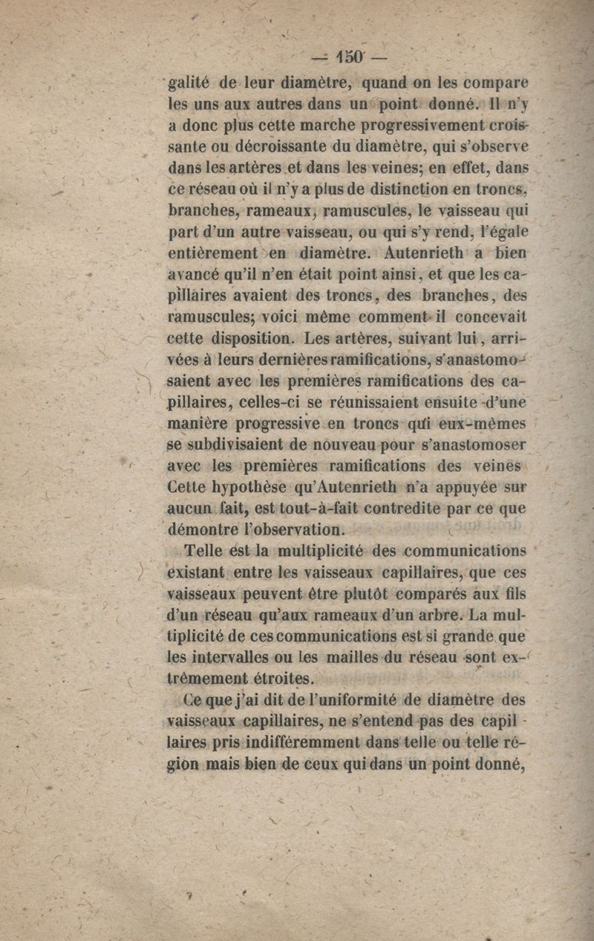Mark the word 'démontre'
pyautogui.click(x=204, y=531)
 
